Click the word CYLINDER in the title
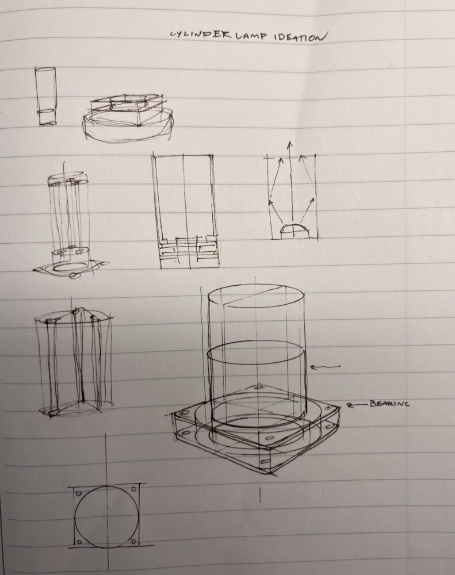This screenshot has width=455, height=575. pyautogui.click(x=200, y=34)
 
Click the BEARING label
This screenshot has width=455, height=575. pyautogui.click(x=389, y=404)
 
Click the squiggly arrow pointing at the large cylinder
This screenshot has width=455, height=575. pyautogui.click(x=325, y=366)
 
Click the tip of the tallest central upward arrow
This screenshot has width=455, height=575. pyautogui.click(x=290, y=141)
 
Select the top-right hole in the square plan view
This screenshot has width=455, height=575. pyautogui.click(x=134, y=489)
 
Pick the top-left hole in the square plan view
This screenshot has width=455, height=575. pyautogui.click(x=79, y=493)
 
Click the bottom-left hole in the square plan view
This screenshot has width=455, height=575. pyautogui.click(x=79, y=542)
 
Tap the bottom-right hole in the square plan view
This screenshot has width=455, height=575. pyautogui.click(x=134, y=541)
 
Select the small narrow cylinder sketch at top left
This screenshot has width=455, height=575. pyautogui.click(x=46, y=96)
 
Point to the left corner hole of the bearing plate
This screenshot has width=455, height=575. pyautogui.click(x=185, y=413)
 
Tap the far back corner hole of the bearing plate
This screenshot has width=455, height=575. pyautogui.click(x=261, y=387)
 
